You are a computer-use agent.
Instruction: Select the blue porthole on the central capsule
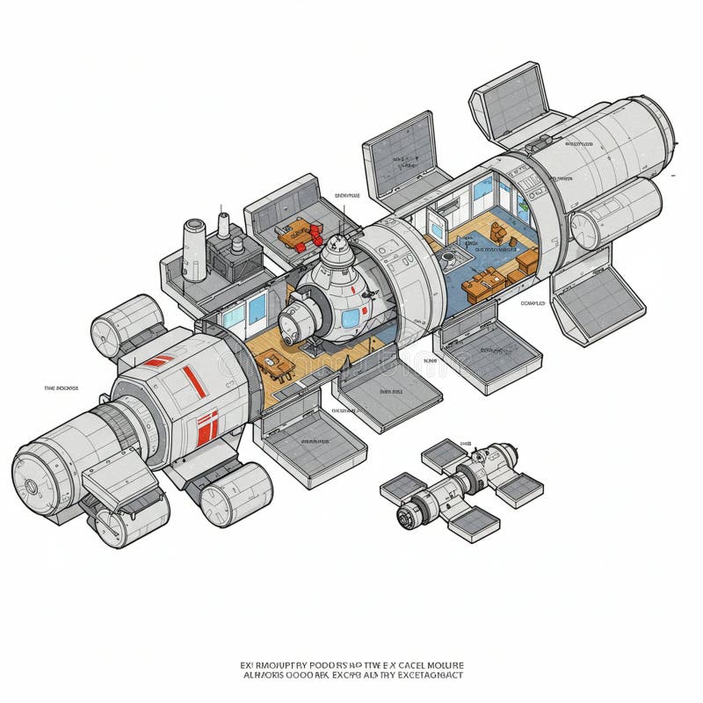point(349,315)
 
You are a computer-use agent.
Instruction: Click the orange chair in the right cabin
point(497,233)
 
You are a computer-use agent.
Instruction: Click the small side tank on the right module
point(615,216)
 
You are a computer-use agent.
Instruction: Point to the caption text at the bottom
point(351,670)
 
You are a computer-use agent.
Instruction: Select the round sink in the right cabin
point(449,256)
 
